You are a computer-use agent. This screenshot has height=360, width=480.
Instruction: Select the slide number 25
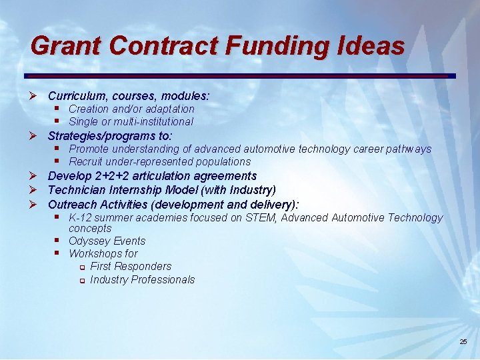tap(463, 341)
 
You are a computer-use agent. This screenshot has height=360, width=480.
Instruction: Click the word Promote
tap(89, 149)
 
